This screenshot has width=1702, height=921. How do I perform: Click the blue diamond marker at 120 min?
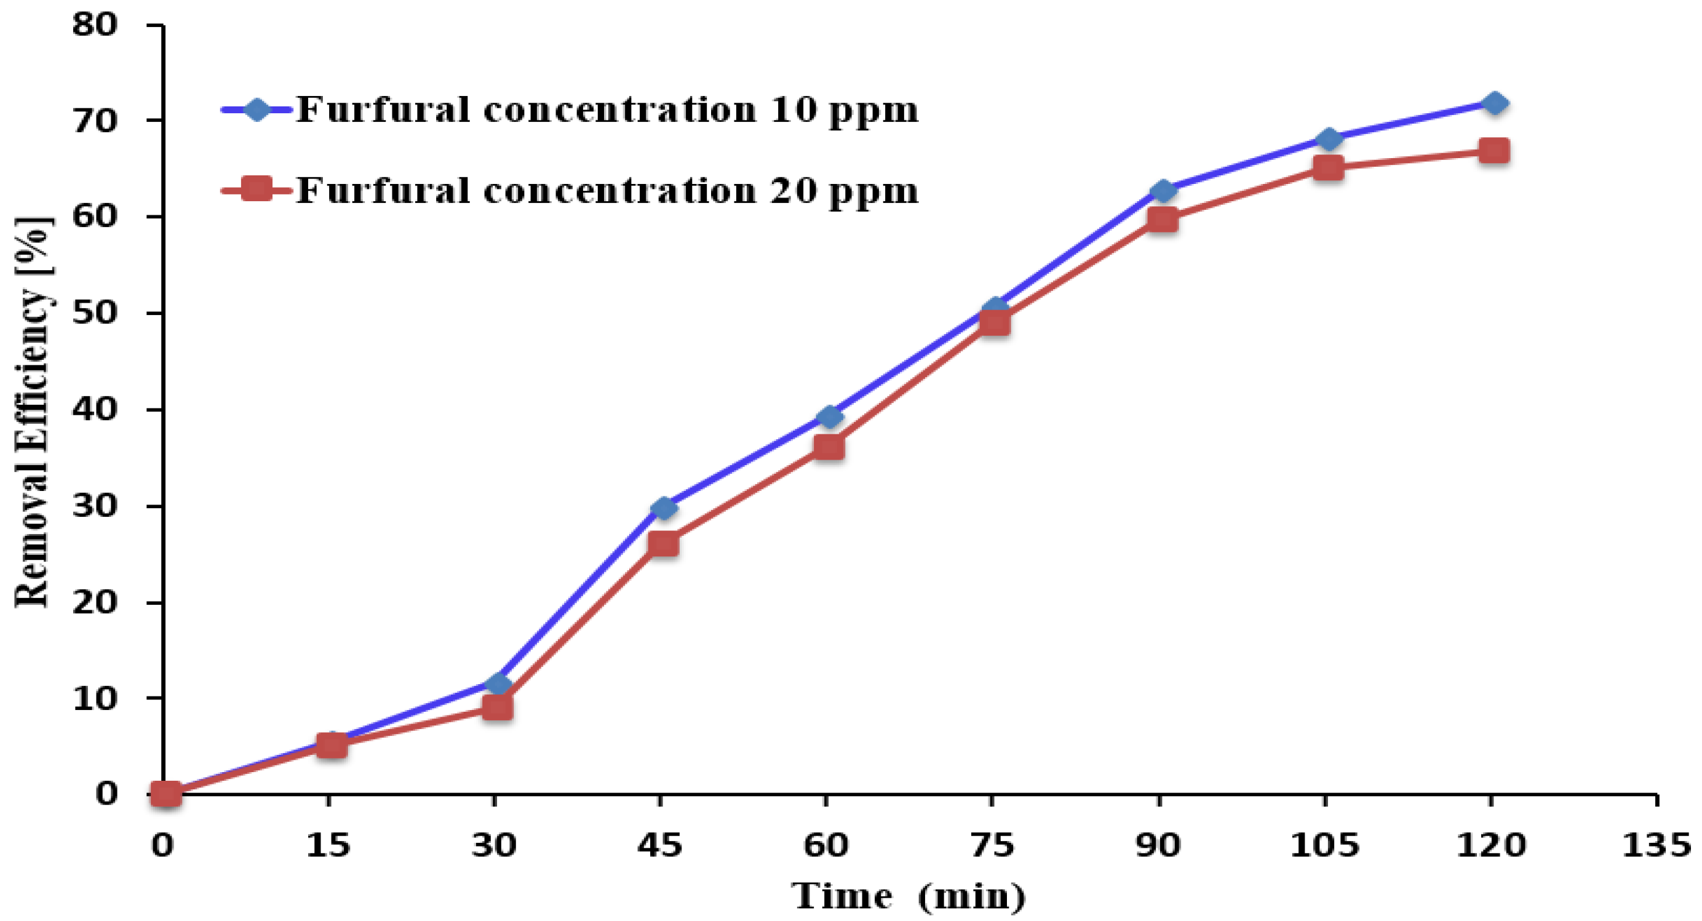1494,104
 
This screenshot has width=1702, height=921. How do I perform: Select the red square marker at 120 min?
1494,151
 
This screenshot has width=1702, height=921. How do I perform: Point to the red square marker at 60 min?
829,447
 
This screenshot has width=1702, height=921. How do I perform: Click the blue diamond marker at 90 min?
1162,191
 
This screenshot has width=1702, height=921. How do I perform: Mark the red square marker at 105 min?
1328,167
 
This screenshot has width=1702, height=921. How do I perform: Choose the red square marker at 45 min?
663,544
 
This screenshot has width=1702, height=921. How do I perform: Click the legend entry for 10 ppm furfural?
606,110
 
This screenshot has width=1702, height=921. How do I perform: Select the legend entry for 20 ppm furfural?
606,191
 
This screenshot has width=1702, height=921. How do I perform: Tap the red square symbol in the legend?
256,189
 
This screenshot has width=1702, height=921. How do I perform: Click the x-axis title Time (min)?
909,896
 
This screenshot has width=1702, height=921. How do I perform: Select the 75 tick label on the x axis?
992,845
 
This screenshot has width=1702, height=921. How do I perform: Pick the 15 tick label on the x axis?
328,845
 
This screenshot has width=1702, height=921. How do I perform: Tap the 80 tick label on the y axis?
95,25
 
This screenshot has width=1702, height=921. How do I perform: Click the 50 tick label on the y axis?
95,313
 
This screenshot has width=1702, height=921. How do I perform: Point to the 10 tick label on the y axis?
95,698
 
